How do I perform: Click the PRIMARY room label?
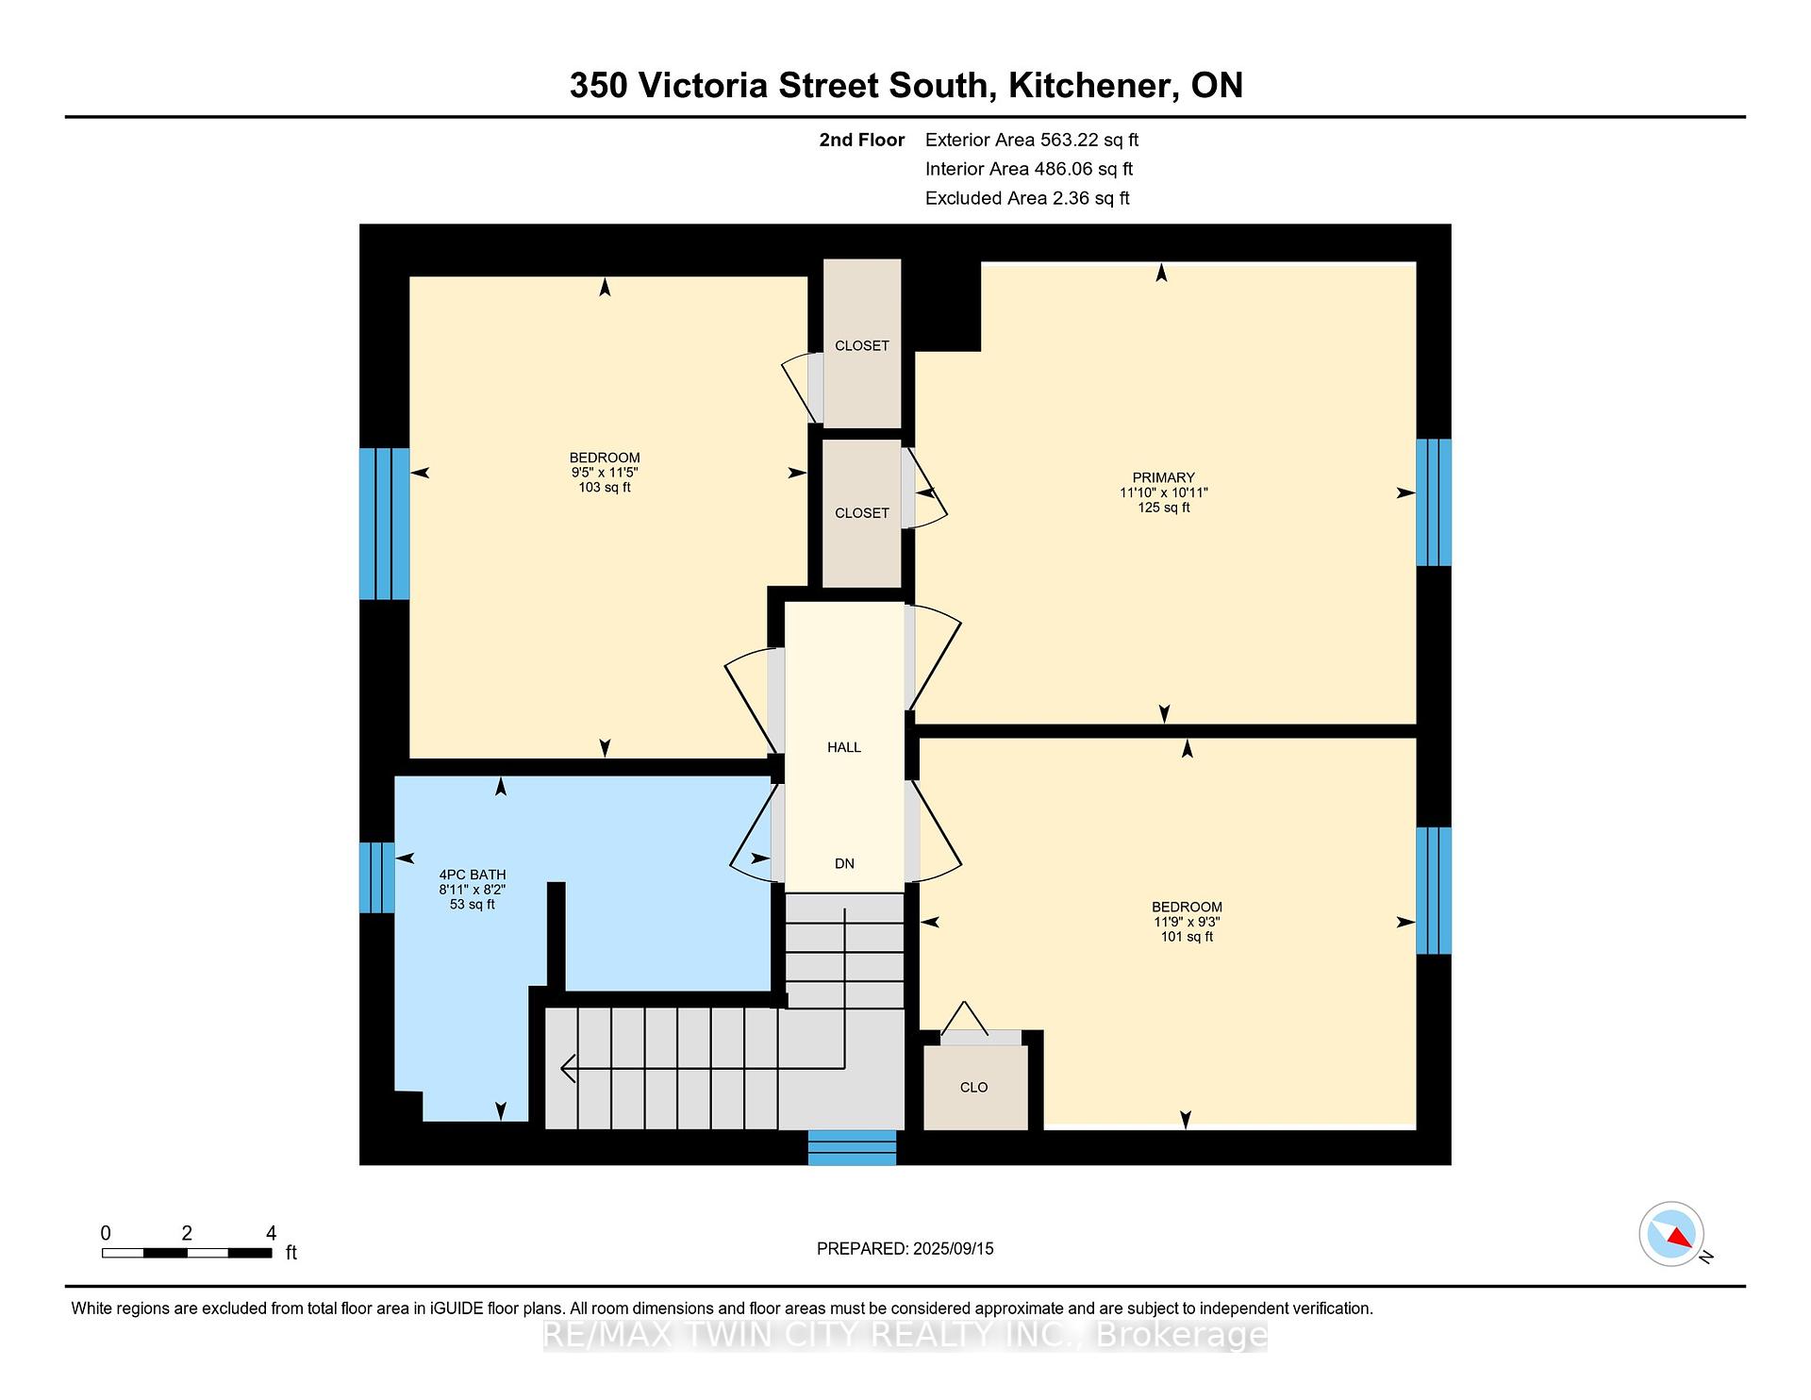coord(1163,477)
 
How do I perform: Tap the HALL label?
coord(844,747)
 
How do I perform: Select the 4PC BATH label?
coord(473,875)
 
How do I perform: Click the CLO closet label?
coord(973,1088)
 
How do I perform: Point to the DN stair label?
coord(844,863)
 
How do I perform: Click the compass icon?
coord(1671,1234)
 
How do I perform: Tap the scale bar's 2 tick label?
coord(187,1233)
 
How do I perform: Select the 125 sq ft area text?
coord(1163,508)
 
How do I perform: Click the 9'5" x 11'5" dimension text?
coord(605,473)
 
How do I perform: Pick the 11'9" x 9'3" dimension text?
coord(1187,922)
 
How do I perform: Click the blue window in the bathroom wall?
coord(377,877)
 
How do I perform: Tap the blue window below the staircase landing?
coord(852,1147)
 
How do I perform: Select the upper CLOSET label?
coord(862,346)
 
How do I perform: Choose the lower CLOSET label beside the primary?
coord(862,513)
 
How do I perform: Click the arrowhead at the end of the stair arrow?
coord(568,1068)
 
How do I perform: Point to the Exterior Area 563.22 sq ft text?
coord(1032,141)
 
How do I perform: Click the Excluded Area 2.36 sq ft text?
coord(1027,198)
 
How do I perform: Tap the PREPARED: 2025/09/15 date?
coord(905,1249)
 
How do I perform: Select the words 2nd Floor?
coord(862,141)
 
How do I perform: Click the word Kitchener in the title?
coord(1093,86)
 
